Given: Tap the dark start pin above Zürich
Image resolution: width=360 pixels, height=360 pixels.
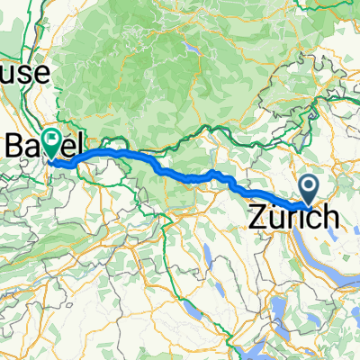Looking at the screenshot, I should [x=309, y=187].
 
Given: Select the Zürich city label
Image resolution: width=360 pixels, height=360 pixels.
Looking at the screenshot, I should [x=294, y=217].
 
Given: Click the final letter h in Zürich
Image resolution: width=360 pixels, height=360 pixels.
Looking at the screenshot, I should [x=330, y=217].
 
